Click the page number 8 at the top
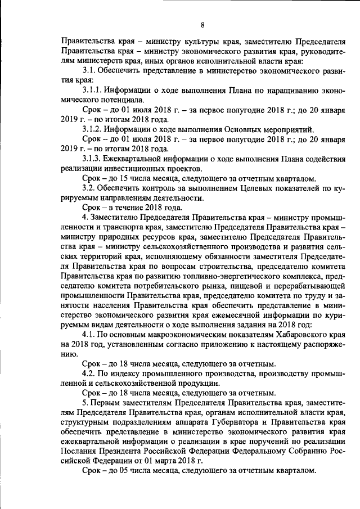(x=202, y=24)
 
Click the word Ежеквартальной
(x=139, y=159)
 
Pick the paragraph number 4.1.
(x=89, y=334)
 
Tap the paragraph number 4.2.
(x=89, y=373)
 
